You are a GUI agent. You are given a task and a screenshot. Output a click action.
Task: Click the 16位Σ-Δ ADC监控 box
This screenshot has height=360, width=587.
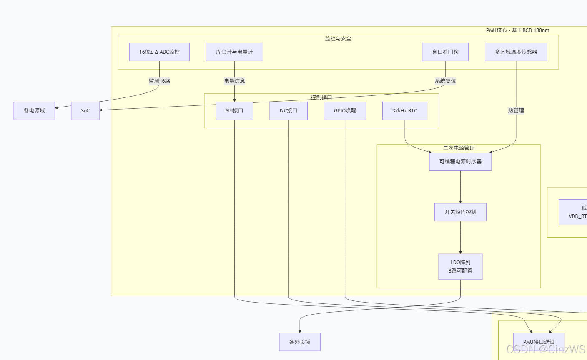[x=159, y=52]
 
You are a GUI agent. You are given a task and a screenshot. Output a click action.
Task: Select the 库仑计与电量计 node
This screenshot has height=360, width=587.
[x=234, y=52]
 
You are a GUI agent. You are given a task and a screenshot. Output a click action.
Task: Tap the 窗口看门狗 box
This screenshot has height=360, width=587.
[x=445, y=52]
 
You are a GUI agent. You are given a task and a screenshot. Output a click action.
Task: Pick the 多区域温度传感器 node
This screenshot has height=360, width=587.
[x=516, y=52]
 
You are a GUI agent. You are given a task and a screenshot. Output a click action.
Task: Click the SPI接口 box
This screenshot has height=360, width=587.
[x=234, y=111]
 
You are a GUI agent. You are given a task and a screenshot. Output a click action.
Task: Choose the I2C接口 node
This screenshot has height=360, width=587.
[x=288, y=111]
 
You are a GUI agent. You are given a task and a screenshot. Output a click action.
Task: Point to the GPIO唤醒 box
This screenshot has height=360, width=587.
[x=345, y=111]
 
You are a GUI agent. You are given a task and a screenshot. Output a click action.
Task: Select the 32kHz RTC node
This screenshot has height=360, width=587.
[x=404, y=111]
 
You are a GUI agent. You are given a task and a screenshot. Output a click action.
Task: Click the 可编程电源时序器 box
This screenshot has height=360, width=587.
[x=460, y=162]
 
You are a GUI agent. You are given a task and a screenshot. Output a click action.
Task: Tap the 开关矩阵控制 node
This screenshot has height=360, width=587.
[x=460, y=212]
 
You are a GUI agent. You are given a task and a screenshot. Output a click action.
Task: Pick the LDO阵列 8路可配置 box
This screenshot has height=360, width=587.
[x=460, y=267]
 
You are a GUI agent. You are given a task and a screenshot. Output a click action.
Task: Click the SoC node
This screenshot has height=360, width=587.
[x=85, y=111]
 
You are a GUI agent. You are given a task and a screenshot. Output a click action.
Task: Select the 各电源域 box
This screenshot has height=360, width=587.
[x=34, y=111]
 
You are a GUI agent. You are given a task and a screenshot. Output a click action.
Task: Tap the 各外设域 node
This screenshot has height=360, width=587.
[x=300, y=342]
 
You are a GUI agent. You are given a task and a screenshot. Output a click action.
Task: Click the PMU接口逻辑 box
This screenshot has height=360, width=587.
[x=539, y=342]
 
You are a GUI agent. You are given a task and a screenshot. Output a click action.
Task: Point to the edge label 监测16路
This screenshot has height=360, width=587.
[x=159, y=81]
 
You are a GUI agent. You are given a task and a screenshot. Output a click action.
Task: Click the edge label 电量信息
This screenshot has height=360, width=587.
[x=234, y=81]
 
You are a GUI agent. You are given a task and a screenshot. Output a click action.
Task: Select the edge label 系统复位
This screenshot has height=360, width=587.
[x=445, y=81]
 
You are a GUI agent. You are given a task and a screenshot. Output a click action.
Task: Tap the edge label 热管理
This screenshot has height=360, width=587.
[x=516, y=111]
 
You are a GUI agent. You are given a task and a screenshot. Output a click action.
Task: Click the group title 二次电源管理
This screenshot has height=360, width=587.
[x=459, y=148]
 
